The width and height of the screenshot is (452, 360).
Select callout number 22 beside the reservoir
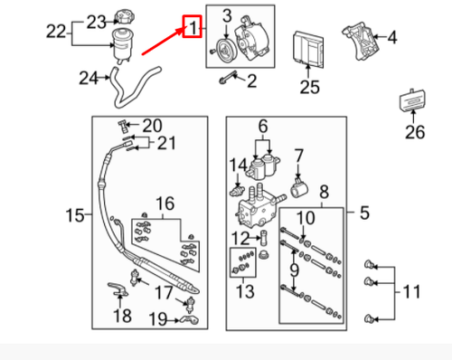click(x=57, y=32)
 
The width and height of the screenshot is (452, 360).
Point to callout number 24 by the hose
click(x=88, y=79)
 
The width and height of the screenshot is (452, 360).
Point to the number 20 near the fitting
click(x=150, y=125)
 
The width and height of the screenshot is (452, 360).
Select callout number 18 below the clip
click(x=123, y=315)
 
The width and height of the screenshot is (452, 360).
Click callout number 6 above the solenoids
click(x=263, y=126)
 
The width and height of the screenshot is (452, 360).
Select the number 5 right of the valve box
click(x=364, y=214)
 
